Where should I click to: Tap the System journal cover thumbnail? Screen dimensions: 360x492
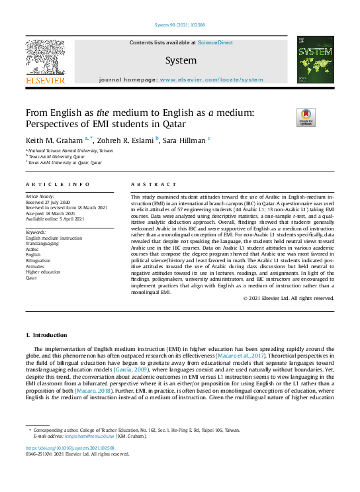click(x=315, y=60)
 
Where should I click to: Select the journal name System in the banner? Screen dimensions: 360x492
click(x=181, y=61)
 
